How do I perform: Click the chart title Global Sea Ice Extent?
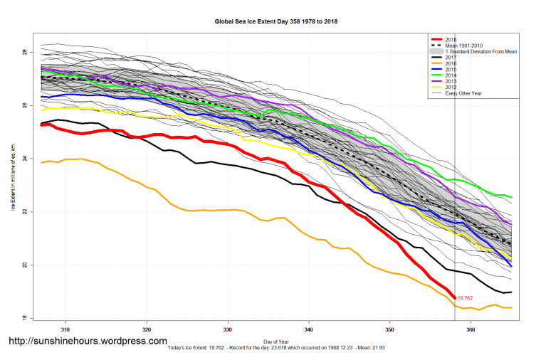276,21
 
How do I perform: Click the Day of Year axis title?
275,341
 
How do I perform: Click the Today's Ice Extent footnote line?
275,348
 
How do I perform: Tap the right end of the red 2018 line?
454,297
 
